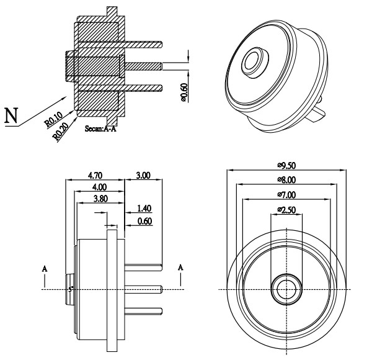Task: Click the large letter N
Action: click(x=11, y=116)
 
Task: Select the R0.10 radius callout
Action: click(x=53, y=119)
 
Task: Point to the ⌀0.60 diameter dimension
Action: click(x=185, y=92)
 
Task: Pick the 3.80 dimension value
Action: click(x=99, y=199)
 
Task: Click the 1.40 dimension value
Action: click(x=144, y=209)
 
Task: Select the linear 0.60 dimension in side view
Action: click(x=144, y=221)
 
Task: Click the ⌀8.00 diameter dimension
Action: click(x=286, y=179)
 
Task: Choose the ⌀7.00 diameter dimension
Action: click(x=286, y=194)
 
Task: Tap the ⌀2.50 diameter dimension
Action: click(x=286, y=209)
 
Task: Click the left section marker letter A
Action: click(x=44, y=269)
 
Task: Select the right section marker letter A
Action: click(x=180, y=267)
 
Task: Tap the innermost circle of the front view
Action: click(x=286, y=289)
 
